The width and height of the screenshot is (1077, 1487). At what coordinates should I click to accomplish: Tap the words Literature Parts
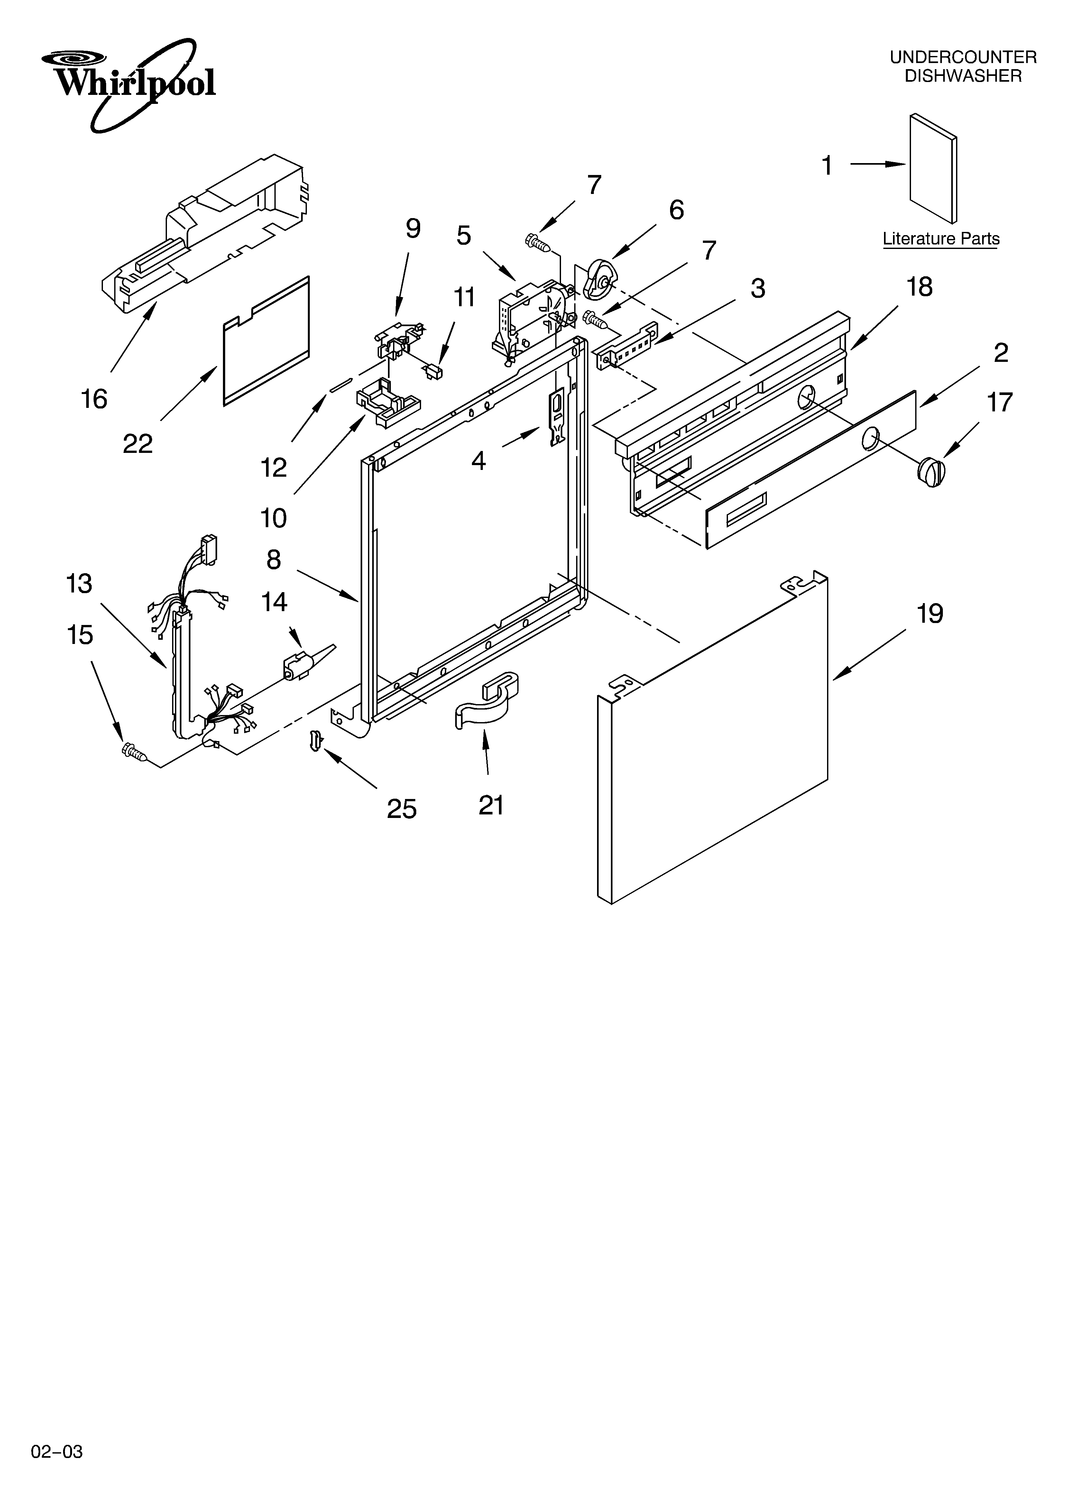pyautogui.click(x=941, y=239)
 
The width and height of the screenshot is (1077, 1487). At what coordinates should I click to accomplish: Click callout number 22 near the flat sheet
pyautogui.click(x=138, y=444)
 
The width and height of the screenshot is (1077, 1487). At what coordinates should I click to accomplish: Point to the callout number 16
pyautogui.click(x=94, y=399)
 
